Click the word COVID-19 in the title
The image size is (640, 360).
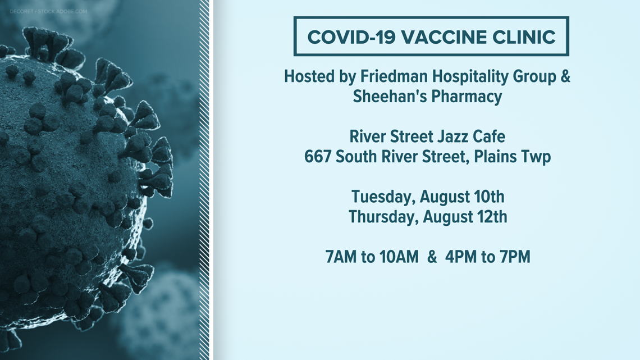[351, 37]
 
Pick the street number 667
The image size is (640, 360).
[318, 157]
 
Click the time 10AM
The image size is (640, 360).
[399, 257]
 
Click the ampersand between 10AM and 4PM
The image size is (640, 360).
[432, 257]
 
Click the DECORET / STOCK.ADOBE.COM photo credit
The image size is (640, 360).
[48, 11]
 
